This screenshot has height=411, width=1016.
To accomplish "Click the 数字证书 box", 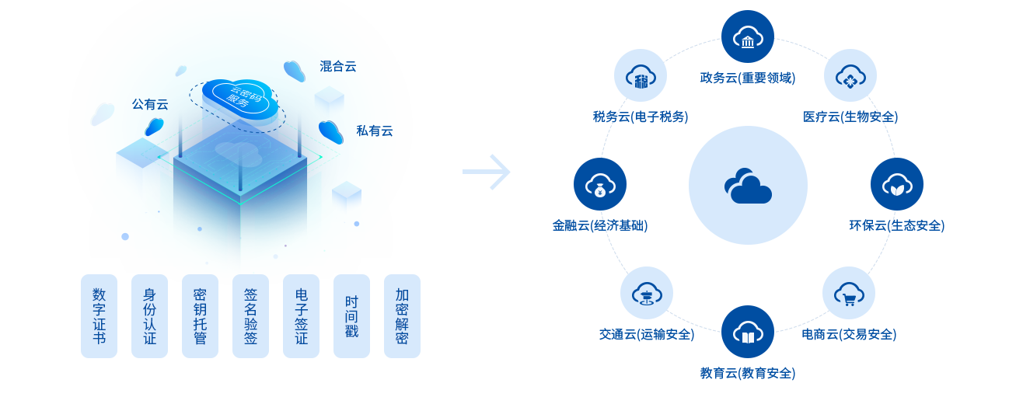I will (99, 316).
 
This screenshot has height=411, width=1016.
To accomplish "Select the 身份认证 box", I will (149, 316).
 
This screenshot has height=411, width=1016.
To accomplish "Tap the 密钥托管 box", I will (200, 316).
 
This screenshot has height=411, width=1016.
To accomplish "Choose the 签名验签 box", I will (250, 316).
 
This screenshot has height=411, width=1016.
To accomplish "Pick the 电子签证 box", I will (301, 316).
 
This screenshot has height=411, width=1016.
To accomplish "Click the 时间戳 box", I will (351, 316).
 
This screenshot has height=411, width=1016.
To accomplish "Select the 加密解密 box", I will (402, 316).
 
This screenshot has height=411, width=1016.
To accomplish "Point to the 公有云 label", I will (150, 104).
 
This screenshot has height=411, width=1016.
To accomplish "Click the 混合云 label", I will (337, 67).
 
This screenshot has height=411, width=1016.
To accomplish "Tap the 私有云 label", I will (374, 131).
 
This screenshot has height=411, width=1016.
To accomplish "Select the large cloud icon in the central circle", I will (748, 185).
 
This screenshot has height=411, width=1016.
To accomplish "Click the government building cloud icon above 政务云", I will (747, 37).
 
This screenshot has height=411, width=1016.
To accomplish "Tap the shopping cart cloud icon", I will (848, 293).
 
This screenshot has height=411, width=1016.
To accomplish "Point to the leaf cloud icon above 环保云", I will (896, 185).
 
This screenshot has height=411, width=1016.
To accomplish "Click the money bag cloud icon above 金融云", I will (599, 185).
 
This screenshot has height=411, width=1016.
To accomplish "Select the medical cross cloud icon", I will (850, 75).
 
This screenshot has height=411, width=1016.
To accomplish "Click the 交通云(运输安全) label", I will (648, 335).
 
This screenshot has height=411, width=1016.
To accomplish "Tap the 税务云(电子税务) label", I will (637, 117).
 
